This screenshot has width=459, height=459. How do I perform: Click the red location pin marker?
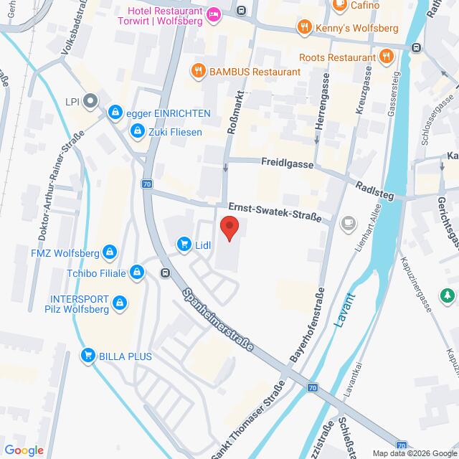[x=229, y=227]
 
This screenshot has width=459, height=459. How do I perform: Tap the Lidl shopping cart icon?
[x=184, y=245]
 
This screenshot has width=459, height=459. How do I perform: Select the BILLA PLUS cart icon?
[x=88, y=354]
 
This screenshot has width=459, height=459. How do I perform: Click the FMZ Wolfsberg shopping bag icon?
[x=110, y=252]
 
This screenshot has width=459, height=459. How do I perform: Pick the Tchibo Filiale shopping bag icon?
[x=138, y=272]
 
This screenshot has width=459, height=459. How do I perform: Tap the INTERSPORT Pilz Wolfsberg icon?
[x=120, y=303]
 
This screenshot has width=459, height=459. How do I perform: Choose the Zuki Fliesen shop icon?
[x=136, y=131]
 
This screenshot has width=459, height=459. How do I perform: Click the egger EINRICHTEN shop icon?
[x=114, y=113]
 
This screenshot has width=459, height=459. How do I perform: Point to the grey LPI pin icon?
[x=90, y=101]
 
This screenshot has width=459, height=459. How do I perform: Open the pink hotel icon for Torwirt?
[x=213, y=14]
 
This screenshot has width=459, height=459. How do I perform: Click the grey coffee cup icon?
[x=349, y=222]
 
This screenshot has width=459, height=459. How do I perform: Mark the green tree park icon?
[x=448, y=295]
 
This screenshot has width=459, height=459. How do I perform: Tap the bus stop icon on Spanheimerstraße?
[x=166, y=273]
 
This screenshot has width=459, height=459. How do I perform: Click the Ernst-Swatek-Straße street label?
[x=271, y=210]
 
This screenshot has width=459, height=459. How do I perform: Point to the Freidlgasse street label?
[x=287, y=164]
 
